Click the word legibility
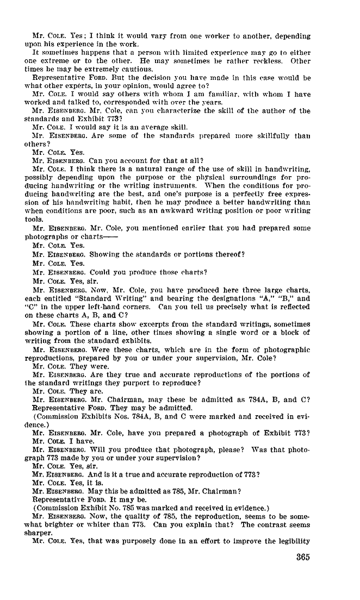coord(291,541)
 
